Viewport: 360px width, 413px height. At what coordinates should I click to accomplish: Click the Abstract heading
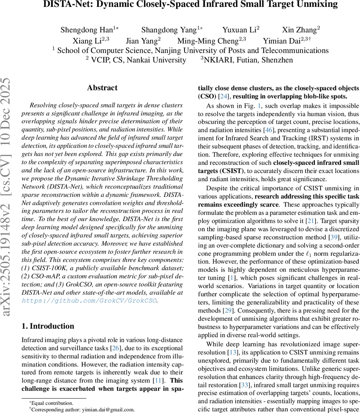[102, 88]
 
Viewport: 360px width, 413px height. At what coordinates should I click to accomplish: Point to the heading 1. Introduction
[48, 326]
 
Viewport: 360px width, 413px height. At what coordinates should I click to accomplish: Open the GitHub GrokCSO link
[89, 301]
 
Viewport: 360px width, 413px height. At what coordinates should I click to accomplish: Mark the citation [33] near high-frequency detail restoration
[245, 385]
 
